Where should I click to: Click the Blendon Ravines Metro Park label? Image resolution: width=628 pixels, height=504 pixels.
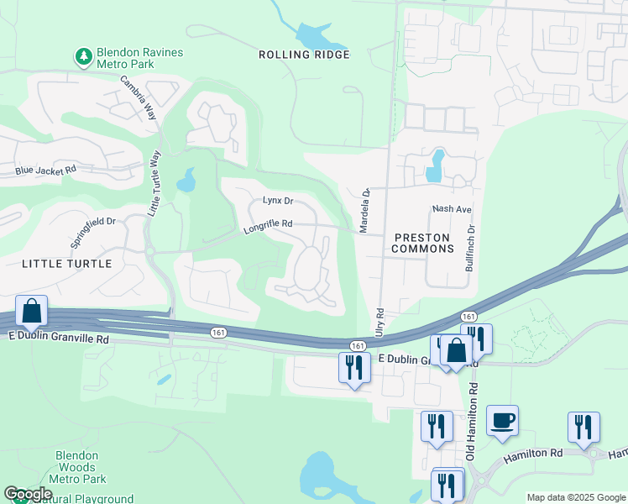pos(139,58)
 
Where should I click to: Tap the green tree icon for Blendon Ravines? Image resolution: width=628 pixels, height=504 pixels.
pos(83,56)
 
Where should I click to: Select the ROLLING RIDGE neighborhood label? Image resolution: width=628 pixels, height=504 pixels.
pos(304,55)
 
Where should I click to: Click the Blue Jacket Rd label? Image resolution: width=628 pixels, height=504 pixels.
pos(45,170)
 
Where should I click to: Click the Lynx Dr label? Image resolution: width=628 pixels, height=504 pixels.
pos(277,201)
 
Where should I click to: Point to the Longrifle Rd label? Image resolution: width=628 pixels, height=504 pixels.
pos(268,224)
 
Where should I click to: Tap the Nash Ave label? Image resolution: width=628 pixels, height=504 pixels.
pos(452,208)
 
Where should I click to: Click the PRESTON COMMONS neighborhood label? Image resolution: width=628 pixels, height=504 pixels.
pos(423,243)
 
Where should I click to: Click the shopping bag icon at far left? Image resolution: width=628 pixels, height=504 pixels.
pos(31,312)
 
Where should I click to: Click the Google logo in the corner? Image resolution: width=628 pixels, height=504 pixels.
pos(28,494)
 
